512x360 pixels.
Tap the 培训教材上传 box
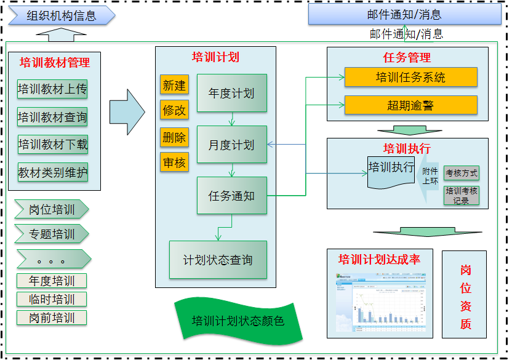tap(52, 89)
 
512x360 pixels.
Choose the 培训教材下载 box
tap(52, 145)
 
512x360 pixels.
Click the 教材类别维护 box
tap(52, 172)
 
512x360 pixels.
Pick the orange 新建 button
tap(174, 85)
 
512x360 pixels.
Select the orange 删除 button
tap(174, 137)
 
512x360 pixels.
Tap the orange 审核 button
tap(174, 162)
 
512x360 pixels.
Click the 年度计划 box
tap(231, 94)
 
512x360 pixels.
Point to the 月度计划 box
tap(231, 145)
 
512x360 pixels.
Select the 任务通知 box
tap(231, 196)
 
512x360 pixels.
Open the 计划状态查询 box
tap(218, 260)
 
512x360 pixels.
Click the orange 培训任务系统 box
tap(410, 78)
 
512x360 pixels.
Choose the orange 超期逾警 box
tap(410, 105)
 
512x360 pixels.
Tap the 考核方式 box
tap(461, 174)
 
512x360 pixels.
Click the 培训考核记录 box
tap(461, 196)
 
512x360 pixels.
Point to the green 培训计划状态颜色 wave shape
tap(238, 321)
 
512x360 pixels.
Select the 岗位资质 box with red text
tap(465, 294)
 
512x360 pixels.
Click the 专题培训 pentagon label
tap(52, 234)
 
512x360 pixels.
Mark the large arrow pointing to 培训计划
tap(127, 111)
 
